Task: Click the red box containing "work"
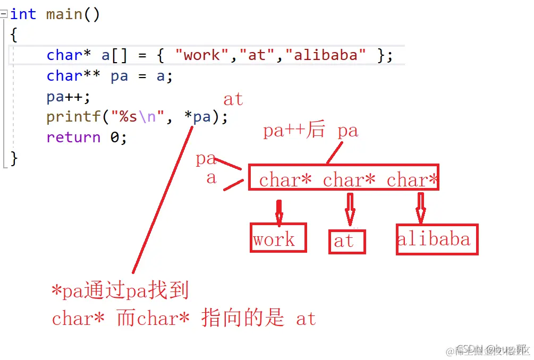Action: (278, 238)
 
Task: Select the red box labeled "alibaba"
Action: (436, 239)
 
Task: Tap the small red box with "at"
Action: (346, 242)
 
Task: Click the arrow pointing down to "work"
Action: (279, 211)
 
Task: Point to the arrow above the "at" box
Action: (350, 210)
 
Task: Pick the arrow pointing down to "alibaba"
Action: (420, 208)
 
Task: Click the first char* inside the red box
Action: (285, 180)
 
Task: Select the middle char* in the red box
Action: (349, 180)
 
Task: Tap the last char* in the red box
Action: (412, 180)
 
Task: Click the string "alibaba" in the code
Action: (330, 55)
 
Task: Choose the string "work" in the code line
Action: (201, 55)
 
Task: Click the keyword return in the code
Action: (73, 137)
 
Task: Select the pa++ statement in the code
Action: (68, 97)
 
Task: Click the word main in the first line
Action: (64, 14)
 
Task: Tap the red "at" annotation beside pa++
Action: (233, 99)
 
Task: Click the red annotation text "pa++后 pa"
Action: (310, 131)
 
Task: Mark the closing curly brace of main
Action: (14, 158)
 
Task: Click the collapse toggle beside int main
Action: (4, 14)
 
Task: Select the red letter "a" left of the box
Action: (211, 177)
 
